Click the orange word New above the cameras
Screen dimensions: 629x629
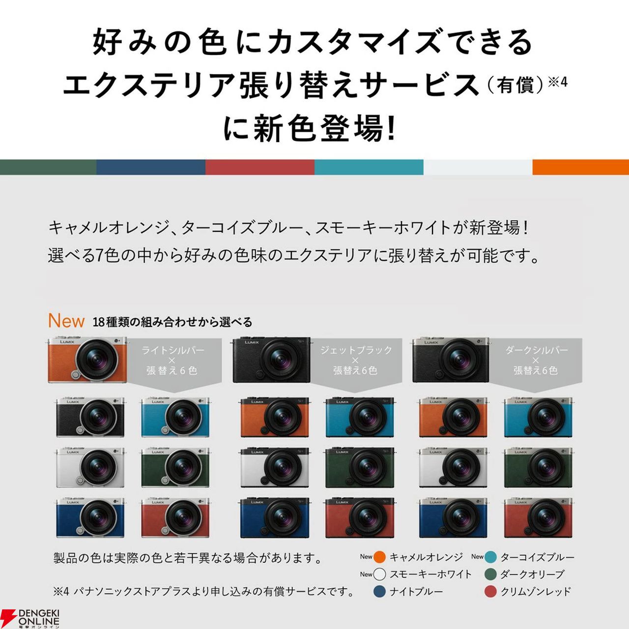click(66, 321)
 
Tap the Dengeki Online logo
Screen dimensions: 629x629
click(30, 618)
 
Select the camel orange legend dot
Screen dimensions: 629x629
click(379, 557)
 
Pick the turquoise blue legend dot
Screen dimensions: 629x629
click(490, 557)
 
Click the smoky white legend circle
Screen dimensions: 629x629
click(379, 574)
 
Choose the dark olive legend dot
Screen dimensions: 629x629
click(490, 574)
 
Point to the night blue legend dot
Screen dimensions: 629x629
click(379, 592)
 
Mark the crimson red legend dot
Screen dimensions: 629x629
click(490, 592)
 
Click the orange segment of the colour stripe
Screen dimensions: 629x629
click(581, 167)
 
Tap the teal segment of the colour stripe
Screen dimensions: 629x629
click(369, 167)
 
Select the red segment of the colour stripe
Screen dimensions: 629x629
click(260, 167)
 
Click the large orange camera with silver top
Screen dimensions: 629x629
click(87, 359)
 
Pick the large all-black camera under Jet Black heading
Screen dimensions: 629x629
click(271, 360)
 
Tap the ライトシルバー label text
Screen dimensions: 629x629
click(172, 350)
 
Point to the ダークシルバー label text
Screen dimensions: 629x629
click(536, 350)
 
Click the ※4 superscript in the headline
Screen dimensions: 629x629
click(558, 82)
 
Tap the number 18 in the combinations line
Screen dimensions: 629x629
click(98, 322)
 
